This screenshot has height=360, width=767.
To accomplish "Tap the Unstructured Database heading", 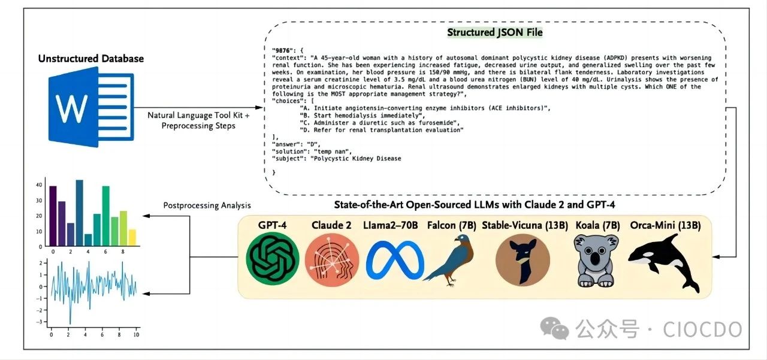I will tap(91, 58).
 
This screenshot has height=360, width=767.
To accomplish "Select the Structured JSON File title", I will tap(494, 32).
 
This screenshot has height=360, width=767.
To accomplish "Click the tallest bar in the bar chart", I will tap(79, 213).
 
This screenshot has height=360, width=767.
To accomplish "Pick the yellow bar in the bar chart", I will tap(132, 237).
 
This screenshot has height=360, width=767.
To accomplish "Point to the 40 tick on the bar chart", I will tap(39, 184).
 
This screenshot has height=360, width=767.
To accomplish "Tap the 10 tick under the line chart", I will tap(137, 334).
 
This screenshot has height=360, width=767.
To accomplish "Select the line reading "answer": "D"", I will tap(297, 144).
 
